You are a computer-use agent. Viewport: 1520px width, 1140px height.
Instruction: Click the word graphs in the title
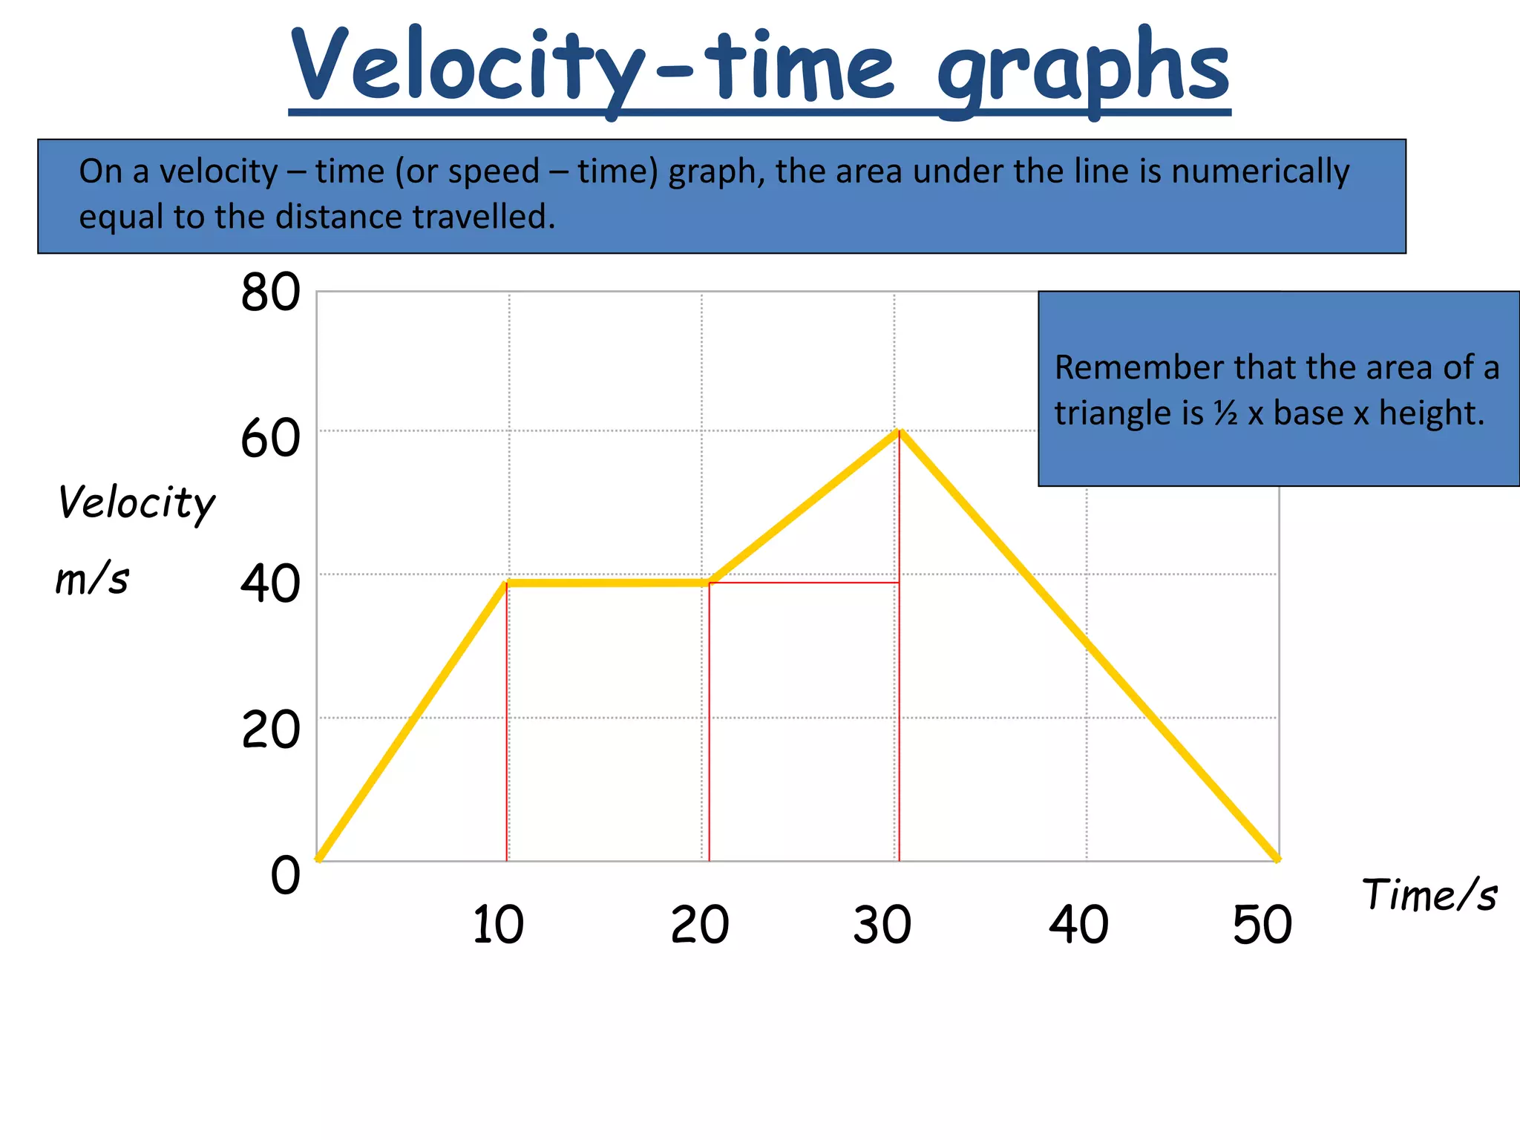tap(1083, 71)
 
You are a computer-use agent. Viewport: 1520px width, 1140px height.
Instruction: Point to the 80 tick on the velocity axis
tap(270, 292)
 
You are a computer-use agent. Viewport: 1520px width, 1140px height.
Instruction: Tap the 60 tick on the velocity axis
tap(270, 439)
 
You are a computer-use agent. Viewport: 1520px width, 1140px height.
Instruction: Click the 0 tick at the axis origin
tap(285, 875)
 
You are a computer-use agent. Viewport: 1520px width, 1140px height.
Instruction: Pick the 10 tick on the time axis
tap(498, 925)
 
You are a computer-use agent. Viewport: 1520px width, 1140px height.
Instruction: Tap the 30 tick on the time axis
tap(882, 925)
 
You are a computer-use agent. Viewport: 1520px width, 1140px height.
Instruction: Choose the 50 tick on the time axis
tap(1262, 925)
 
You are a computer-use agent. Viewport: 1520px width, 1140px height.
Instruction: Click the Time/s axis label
tap(1429, 895)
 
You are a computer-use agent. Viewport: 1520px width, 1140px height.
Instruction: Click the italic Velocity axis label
tap(137, 503)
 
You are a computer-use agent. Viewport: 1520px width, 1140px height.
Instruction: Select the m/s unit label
tap(92, 580)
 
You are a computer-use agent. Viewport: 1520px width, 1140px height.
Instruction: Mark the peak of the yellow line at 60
tap(899, 432)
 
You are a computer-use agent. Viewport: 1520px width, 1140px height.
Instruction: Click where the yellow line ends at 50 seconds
tap(1277, 859)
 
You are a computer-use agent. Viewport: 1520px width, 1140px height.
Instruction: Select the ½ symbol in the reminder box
tap(1225, 413)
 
